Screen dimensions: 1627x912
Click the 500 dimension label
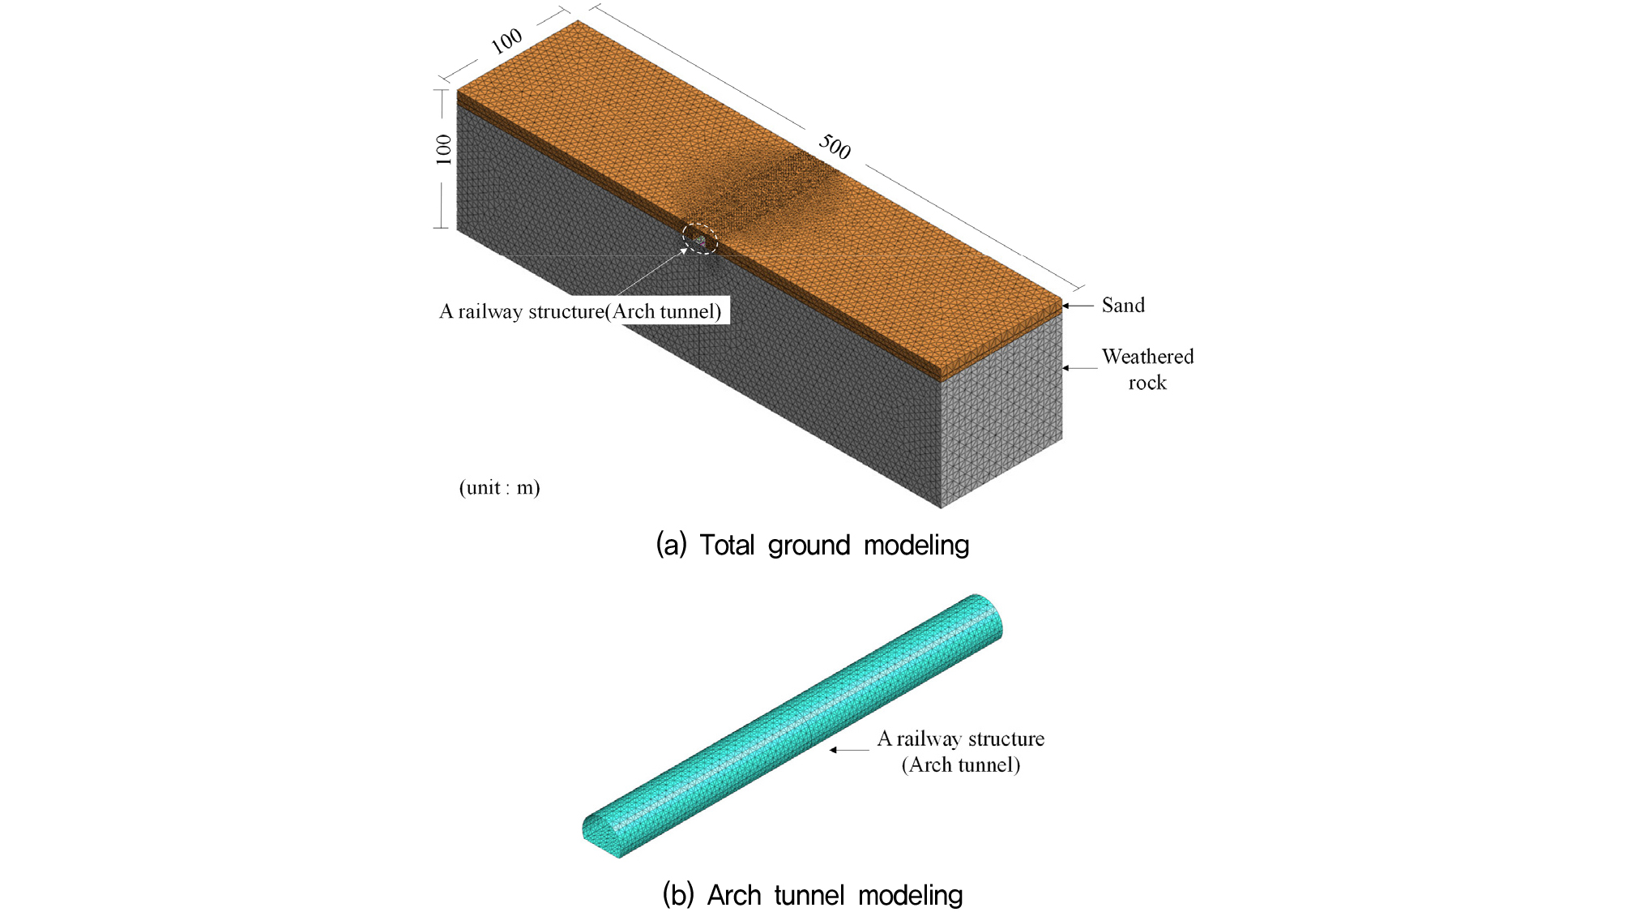(835, 147)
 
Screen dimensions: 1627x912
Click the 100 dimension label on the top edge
(507, 41)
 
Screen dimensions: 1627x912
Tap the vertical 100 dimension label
(443, 149)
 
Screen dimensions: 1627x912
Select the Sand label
(1123, 306)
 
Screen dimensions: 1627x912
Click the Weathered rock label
(1147, 370)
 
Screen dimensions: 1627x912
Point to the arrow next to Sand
(1078, 306)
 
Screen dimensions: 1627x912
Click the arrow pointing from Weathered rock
(1079, 368)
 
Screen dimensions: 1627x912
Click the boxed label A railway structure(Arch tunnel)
(580, 311)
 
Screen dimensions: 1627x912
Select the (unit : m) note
(499, 487)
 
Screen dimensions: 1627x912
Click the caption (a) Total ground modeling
(812, 545)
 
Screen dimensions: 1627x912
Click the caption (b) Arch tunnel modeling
(813, 895)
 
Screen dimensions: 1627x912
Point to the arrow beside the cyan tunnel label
(849, 750)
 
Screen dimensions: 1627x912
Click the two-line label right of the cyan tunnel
(961, 751)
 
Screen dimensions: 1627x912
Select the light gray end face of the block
(1001, 410)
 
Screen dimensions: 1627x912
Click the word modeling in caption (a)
(916, 546)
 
